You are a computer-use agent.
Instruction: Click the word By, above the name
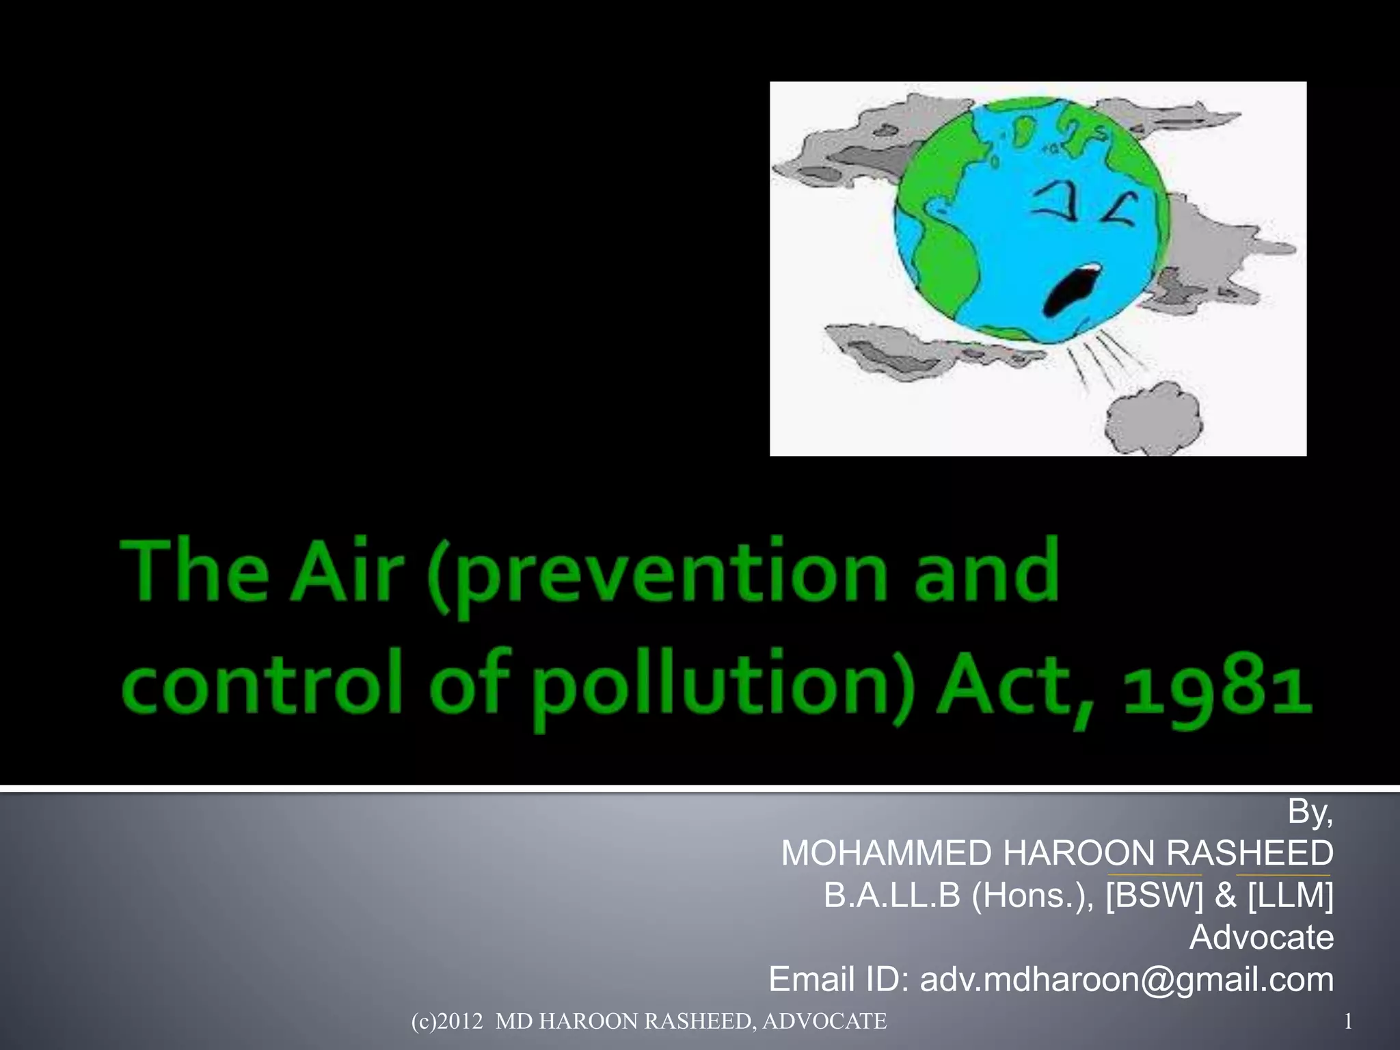pyautogui.click(x=1310, y=811)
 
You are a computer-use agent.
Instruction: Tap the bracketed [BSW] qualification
pyautogui.click(x=1154, y=896)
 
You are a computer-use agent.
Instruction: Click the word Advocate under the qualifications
pyautogui.click(x=1261, y=937)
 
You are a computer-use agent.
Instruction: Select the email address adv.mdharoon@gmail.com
pyautogui.click(x=1127, y=980)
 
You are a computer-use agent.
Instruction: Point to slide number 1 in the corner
pyautogui.click(x=1347, y=1021)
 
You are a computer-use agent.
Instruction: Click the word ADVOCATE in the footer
pyautogui.click(x=824, y=1021)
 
